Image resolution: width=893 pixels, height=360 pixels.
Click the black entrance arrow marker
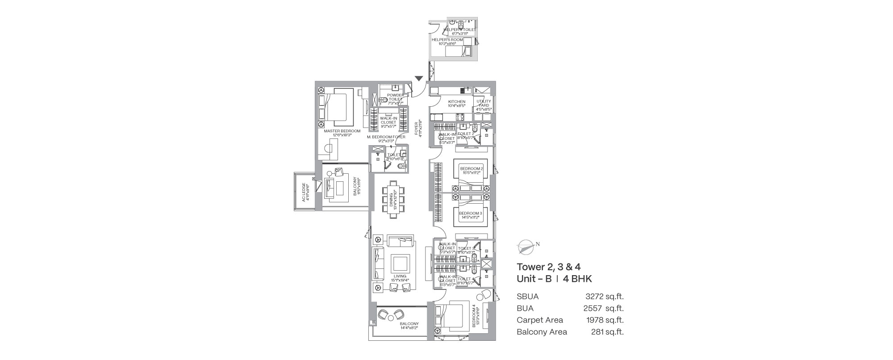tap(418, 79)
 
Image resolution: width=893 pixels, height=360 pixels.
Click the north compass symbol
tap(526, 247)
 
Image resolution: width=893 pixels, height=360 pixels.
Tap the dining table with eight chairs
tap(393, 200)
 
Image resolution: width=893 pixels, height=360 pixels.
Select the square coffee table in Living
tap(400, 263)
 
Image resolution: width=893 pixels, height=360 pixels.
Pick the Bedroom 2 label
tap(472, 170)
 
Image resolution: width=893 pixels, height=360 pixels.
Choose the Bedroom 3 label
tap(471, 215)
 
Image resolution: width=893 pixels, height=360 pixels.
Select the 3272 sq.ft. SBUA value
tap(604, 296)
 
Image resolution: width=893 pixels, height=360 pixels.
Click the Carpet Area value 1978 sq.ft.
tap(605, 320)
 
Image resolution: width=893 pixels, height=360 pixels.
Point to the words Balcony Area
tap(542, 332)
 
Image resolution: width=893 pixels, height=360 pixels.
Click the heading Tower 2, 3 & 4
tap(548, 268)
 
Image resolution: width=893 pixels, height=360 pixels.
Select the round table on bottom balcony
tap(391, 318)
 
